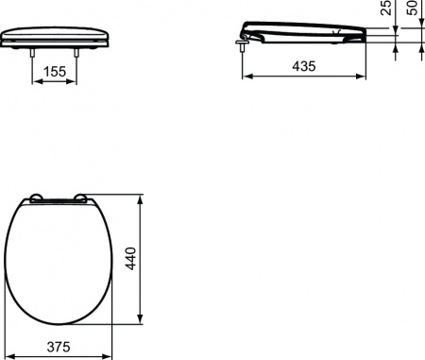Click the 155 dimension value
pyautogui.click(x=56, y=71)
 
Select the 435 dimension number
pyautogui.click(x=303, y=67)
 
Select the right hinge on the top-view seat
pyautogui.click(x=83, y=198)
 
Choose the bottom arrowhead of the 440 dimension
pyautogui.click(x=142, y=320)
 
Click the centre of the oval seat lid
pyautogui.click(x=59, y=260)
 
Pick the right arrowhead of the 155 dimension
pyautogui.click(x=76, y=80)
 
